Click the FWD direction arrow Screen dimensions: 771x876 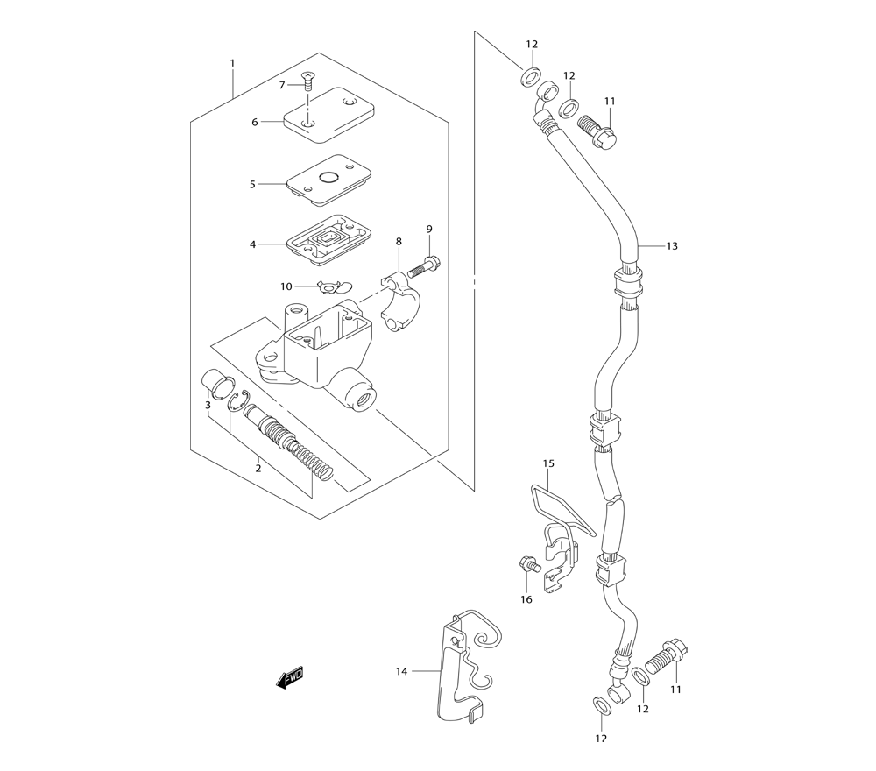(x=290, y=677)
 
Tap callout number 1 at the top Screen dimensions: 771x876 (x=232, y=63)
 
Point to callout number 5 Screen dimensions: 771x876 (x=252, y=185)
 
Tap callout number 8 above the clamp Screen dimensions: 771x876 (x=399, y=241)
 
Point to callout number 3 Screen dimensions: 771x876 (x=208, y=406)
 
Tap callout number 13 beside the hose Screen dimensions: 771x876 (x=672, y=246)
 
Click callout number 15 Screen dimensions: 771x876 (x=548, y=463)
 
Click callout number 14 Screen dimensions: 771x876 (x=401, y=672)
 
